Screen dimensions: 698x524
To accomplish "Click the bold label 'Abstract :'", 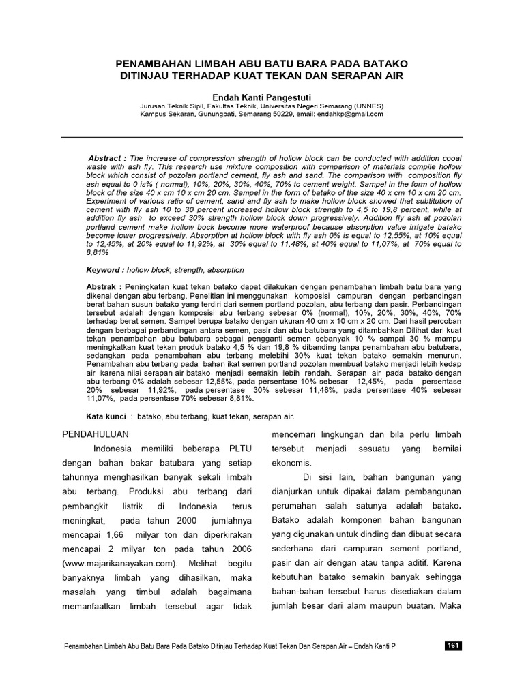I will pos(109,157).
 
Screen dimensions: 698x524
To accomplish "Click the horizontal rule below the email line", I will pos(261,138).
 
